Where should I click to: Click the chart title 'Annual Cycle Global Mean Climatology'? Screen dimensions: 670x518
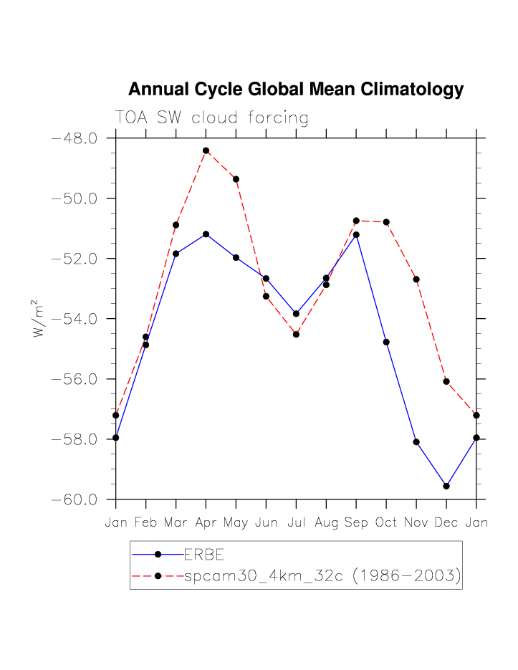click(x=295, y=90)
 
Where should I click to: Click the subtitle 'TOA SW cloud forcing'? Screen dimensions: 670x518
click(x=211, y=118)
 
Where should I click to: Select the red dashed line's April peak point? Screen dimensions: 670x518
click(x=206, y=150)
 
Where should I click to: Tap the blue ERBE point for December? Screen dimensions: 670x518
click(x=446, y=486)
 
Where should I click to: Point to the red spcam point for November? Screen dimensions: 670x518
click(x=416, y=279)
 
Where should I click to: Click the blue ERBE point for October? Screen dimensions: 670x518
click(x=386, y=342)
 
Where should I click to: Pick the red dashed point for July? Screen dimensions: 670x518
click(x=296, y=334)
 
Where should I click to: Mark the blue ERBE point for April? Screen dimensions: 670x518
click(x=206, y=234)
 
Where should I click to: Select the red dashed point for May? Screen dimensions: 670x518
click(x=236, y=179)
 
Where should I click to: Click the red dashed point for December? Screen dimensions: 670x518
click(x=446, y=381)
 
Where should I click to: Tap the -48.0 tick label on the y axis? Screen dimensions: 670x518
click(x=75, y=138)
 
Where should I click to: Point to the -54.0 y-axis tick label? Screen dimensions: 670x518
click(x=75, y=319)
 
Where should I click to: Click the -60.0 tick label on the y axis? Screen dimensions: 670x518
click(x=75, y=499)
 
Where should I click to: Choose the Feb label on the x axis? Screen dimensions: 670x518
click(x=145, y=523)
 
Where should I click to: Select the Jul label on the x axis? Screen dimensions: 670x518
click(x=296, y=523)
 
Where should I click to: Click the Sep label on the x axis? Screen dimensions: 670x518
click(x=356, y=523)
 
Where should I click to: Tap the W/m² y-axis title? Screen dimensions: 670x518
click(x=39, y=319)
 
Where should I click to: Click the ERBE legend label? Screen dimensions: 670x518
click(x=204, y=554)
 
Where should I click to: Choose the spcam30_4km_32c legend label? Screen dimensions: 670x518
click(x=322, y=575)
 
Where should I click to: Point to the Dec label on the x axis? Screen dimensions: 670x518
click(x=446, y=523)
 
